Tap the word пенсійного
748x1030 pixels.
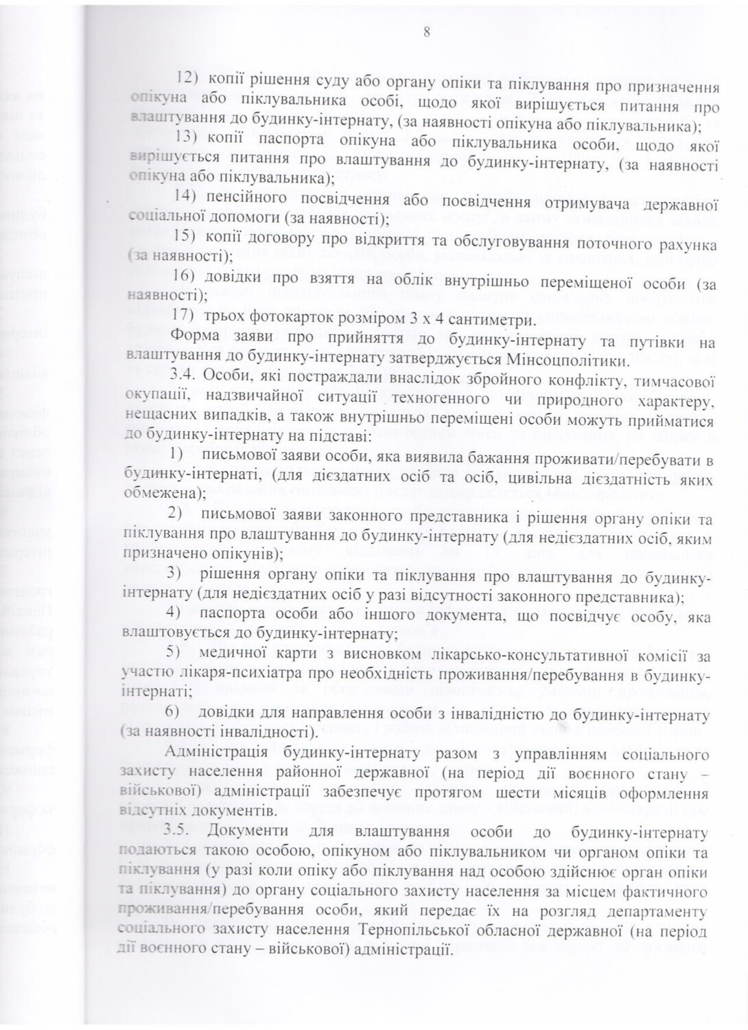(x=242, y=201)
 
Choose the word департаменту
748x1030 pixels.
(x=657, y=912)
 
